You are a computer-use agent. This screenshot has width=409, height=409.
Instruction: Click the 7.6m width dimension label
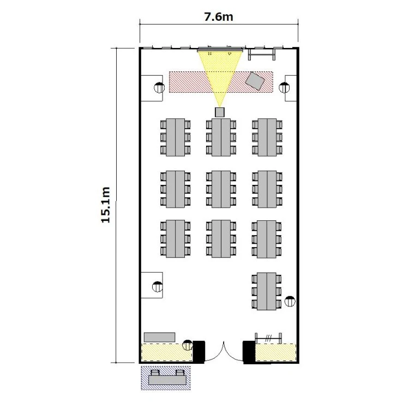point(219,17)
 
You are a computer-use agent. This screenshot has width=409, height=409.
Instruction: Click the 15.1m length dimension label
point(106,205)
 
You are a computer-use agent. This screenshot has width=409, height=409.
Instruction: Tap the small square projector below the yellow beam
point(220,112)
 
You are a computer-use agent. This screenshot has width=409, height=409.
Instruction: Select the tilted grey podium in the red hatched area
point(255,81)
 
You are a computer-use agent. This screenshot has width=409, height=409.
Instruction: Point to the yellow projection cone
point(220,76)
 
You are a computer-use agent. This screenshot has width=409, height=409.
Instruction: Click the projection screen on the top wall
point(220,49)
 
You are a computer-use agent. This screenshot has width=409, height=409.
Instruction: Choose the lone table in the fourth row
point(267,291)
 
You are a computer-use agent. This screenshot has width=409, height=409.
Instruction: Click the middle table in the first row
point(221,137)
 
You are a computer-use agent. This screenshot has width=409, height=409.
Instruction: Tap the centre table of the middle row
point(221,189)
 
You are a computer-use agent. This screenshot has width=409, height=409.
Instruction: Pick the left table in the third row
point(175,239)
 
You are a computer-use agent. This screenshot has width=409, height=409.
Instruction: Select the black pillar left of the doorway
point(199,352)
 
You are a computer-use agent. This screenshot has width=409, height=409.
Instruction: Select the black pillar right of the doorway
point(249,352)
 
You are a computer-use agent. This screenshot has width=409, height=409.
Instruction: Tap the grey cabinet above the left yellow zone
point(160,337)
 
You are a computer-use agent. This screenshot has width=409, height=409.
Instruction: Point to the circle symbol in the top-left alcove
point(159,88)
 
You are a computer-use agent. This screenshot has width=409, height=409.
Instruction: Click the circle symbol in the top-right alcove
point(284,88)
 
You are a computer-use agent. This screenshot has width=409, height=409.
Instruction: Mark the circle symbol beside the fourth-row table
point(290,301)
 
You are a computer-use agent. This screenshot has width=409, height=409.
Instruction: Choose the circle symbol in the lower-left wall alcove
point(157,287)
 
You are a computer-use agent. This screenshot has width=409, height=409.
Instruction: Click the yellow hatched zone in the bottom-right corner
point(276,353)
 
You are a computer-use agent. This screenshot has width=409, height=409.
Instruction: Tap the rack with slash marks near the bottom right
point(268,338)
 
